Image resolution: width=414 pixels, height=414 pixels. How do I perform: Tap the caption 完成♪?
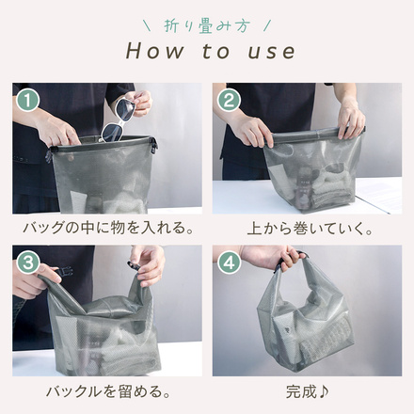coord(307,390)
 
